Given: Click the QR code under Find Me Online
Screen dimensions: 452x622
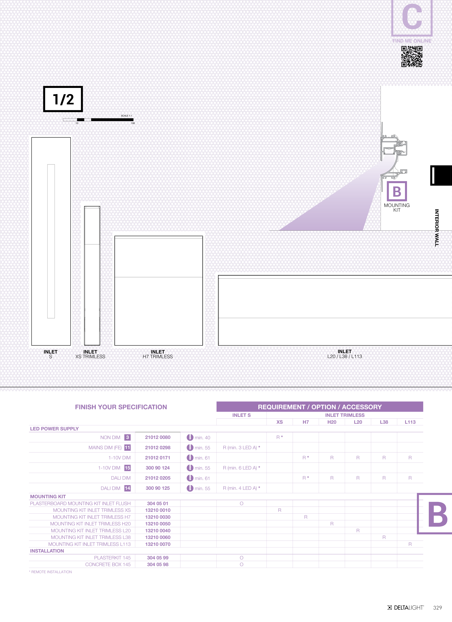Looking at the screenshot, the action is [x=412, y=56].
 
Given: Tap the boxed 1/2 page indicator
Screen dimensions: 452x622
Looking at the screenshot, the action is [x=63, y=99].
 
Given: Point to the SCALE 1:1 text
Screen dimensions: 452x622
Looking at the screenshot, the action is [x=126, y=116].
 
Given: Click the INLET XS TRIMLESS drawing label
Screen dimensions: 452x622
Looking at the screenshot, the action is [x=90, y=354].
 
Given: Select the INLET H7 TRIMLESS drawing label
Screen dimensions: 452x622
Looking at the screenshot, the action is [x=158, y=354].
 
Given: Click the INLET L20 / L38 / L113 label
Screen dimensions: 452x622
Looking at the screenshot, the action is [x=345, y=354].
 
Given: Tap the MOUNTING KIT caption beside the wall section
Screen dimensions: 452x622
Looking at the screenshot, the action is [x=397, y=208].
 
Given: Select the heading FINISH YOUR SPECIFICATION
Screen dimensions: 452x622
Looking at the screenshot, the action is [x=121, y=407].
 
